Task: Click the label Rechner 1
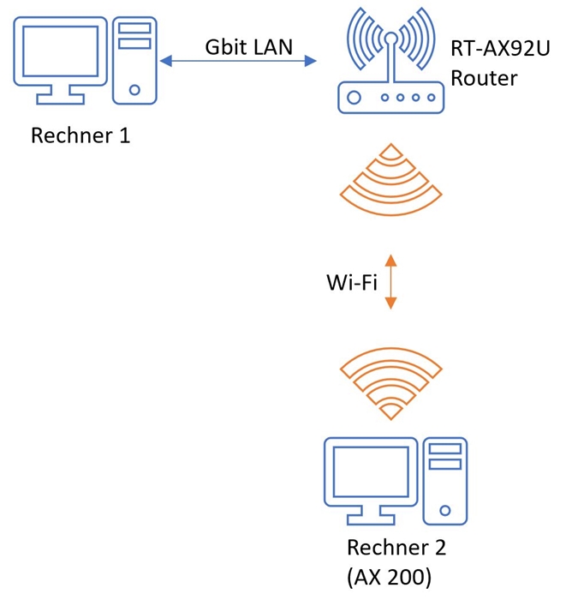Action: [x=80, y=135]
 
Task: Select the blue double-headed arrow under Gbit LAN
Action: [x=238, y=61]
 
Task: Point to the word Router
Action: [x=484, y=79]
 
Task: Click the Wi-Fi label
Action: [x=351, y=282]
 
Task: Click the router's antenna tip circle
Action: [x=391, y=39]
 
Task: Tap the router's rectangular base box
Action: [x=391, y=98]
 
